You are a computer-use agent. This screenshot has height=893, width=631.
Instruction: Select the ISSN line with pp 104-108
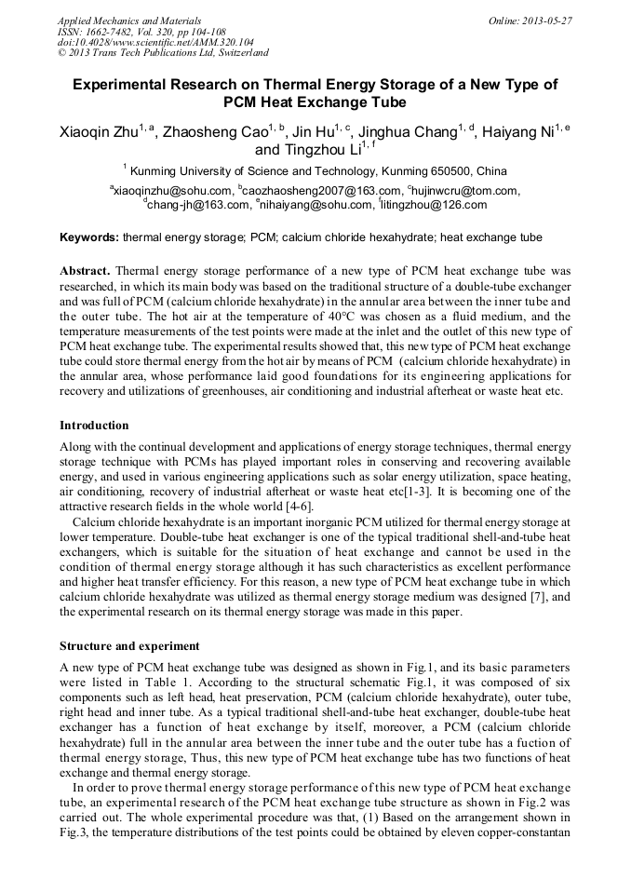(141, 32)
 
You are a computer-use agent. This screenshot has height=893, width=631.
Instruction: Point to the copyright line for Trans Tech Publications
(163, 53)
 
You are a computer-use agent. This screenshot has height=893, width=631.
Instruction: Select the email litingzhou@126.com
(433, 205)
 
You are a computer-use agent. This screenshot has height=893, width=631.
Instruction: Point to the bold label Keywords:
(89, 238)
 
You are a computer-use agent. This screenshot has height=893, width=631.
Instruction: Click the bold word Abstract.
(85, 271)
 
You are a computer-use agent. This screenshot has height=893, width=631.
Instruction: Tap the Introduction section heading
(94, 426)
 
